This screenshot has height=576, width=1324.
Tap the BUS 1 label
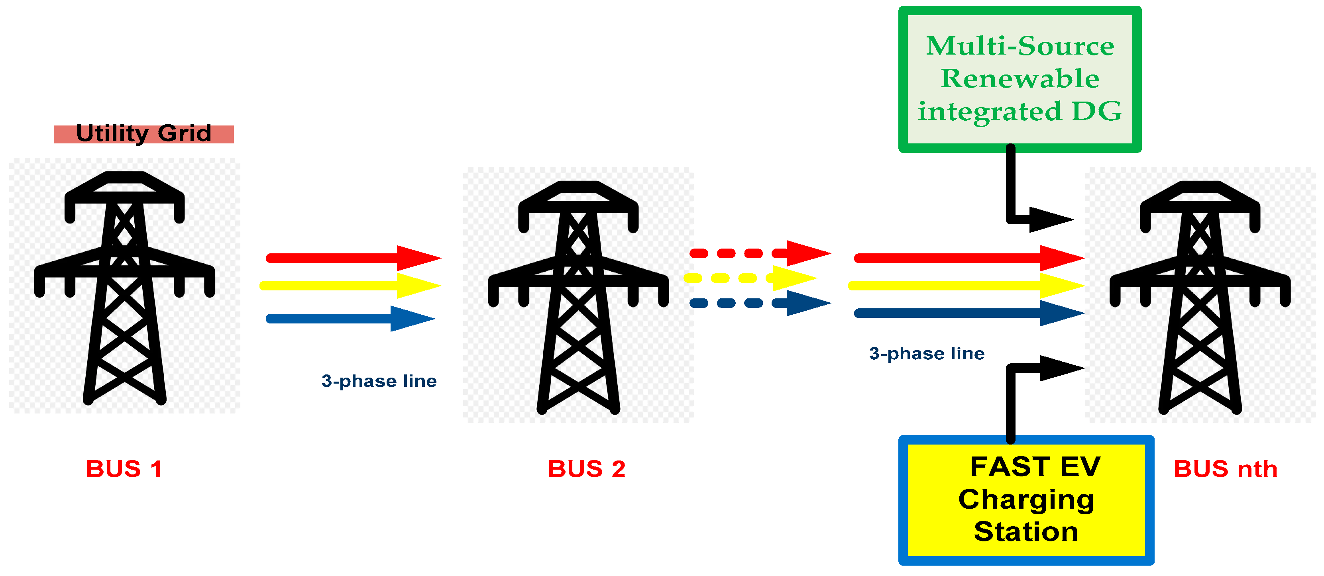pyautogui.click(x=124, y=468)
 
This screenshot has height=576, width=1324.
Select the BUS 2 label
pyautogui.click(x=586, y=468)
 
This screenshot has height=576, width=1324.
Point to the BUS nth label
pyautogui.click(x=1225, y=468)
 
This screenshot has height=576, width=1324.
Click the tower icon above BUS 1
pyautogui.click(x=124, y=288)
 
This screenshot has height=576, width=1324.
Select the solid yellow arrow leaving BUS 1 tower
pyautogui.click(x=350, y=286)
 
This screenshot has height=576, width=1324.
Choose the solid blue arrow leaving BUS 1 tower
pyautogui.click(x=350, y=319)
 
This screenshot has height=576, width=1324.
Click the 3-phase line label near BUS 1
pyautogui.click(x=379, y=381)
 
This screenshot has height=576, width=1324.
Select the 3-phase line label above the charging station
pyautogui.click(x=927, y=353)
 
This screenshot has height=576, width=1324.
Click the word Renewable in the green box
pyautogui.click(x=1020, y=78)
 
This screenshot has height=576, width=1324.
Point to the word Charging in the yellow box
pyautogui.click(x=1026, y=500)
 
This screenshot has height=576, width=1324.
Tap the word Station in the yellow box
pyautogui.click(x=1026, y=531)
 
